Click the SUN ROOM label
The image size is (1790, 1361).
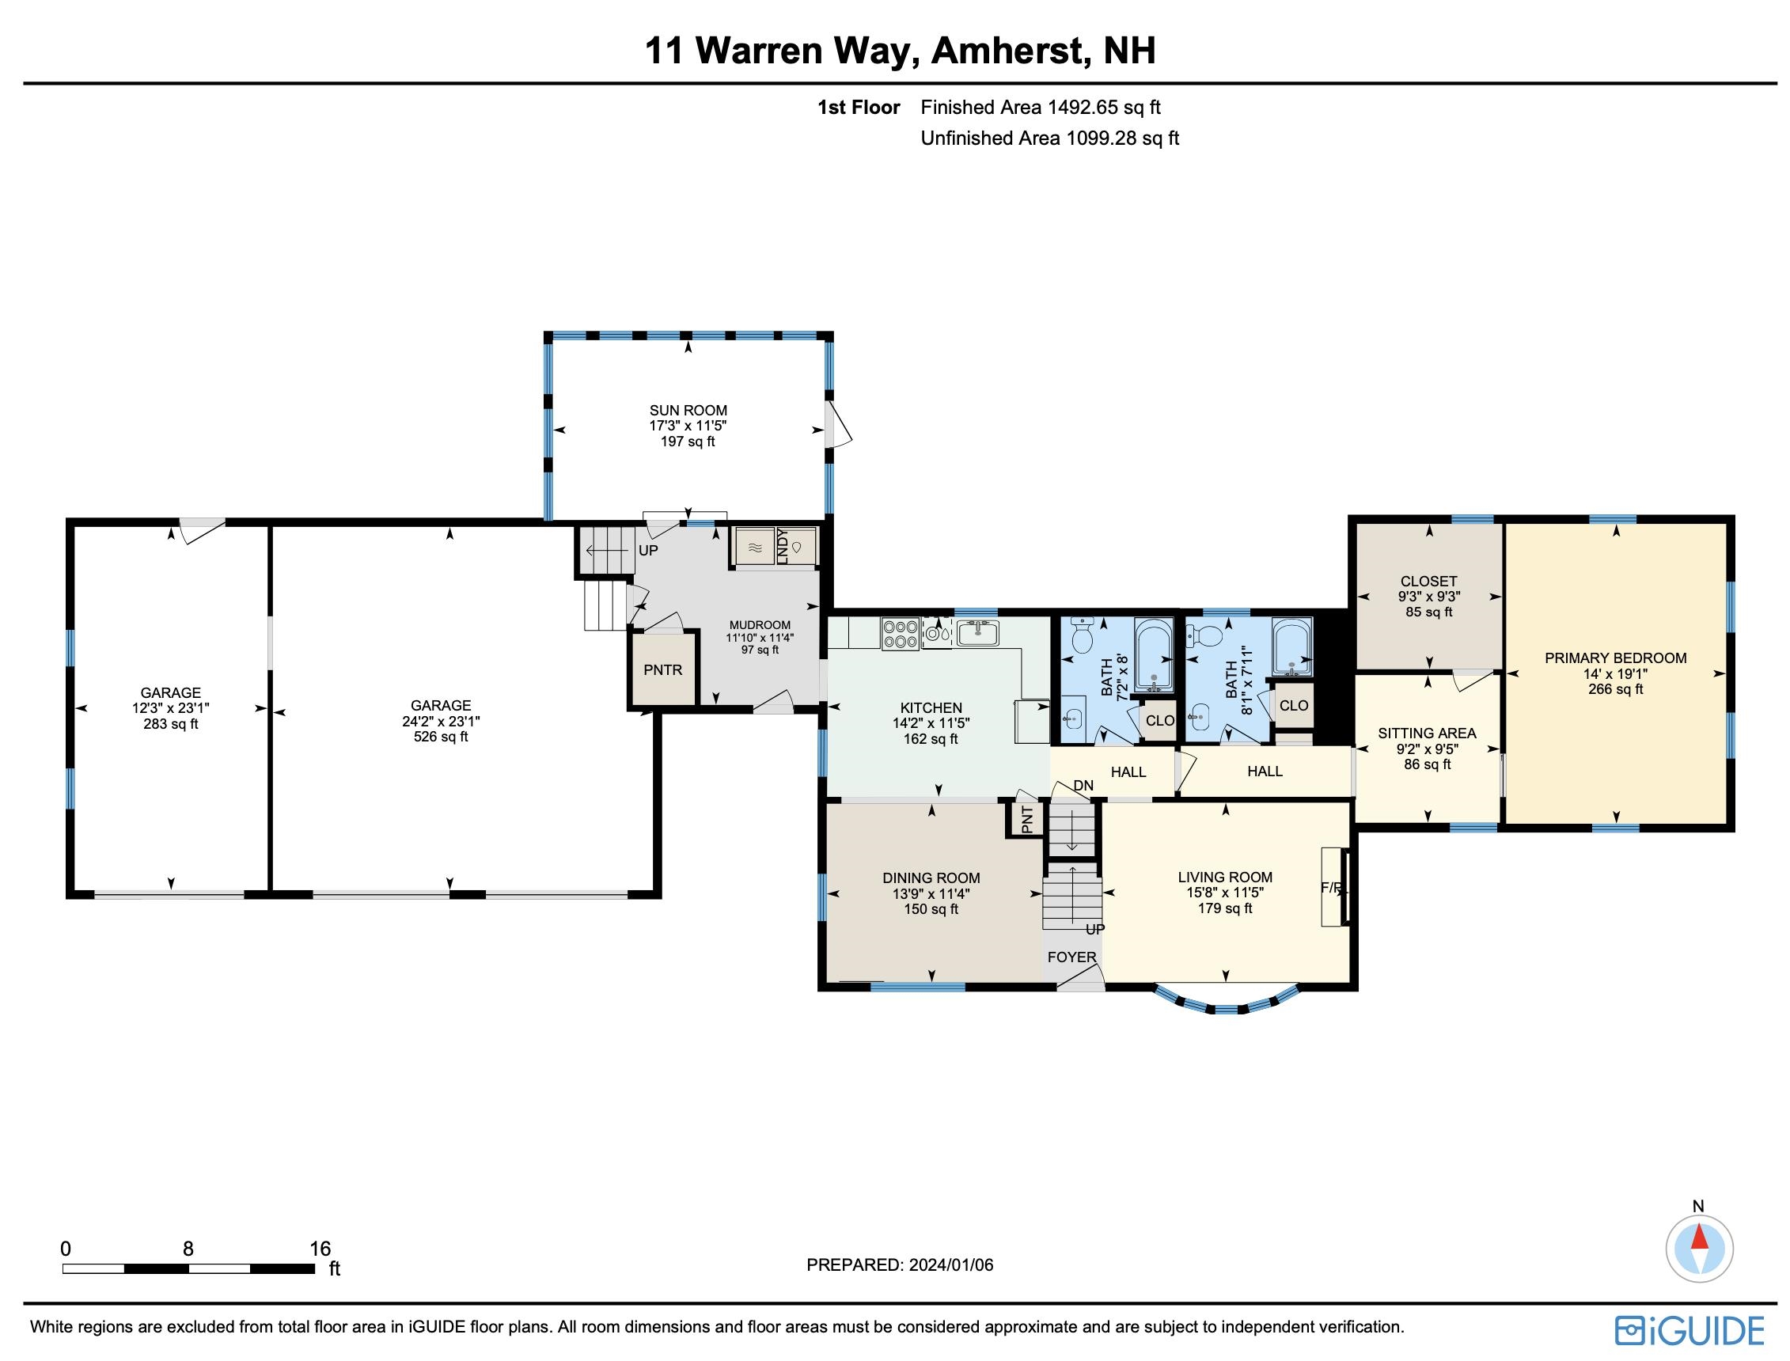pyautogui.click(x=688, y=410)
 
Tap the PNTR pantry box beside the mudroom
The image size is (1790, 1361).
pyautogui.click(x=662, y=670)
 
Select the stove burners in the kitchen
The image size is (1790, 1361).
pyautogui.click(x=899, y=634)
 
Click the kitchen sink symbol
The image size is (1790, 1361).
pyautogui.click(x=977, y=632)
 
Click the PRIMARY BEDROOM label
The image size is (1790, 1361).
pyautogui.click(x=1615, y=658)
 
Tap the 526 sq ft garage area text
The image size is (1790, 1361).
pyautogui.click(x=441, y=737)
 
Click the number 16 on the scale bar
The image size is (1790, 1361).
pyautogui.click(x=320, y=1249)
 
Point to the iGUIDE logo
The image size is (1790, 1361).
pyautogui.click(x=1690, y=1330)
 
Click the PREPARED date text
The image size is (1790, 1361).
pyautogui.click(x=899, y=1264)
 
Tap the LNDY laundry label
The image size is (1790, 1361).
pyautogui.click(x=782, y=545)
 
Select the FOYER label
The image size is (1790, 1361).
pyautogui.click(x=1071, y=957)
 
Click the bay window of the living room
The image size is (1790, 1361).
pyautogui.click(x=1227, y=1008)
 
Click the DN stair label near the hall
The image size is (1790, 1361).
pyautogui.click(x=1083, y=785)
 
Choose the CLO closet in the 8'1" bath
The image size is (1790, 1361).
pyautogui.click(x=1294, y=706)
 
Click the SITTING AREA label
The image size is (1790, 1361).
pyautogui.click(x=1426, y=734)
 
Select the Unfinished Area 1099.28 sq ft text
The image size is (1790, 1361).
pyautogui.click(x=1049, y=138)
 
